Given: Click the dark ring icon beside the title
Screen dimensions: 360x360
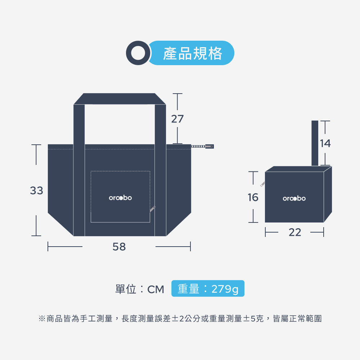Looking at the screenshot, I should coord(138,53).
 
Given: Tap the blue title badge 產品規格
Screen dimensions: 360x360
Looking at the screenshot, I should coord(193,53).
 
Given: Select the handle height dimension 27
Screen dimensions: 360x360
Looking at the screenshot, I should coord(177,119).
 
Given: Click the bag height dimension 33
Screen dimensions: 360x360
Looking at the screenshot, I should coord(36,190).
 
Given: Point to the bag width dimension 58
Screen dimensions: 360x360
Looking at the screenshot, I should coord(119,247).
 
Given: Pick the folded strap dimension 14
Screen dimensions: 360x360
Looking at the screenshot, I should coord(325,143).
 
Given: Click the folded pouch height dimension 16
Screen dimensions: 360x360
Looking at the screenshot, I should coord(253,197).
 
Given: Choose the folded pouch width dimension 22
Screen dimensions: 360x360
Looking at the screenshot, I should coord(295,233).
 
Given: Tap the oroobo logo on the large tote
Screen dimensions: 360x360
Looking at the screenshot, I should coord(120,198).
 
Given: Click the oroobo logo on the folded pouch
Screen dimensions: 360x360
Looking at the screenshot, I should coord(294,198).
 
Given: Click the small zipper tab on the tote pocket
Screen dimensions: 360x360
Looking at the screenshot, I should coord(153,208).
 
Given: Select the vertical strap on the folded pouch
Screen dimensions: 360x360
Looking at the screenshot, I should coord(315,143).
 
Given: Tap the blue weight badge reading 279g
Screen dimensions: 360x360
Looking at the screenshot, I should coord(208,289).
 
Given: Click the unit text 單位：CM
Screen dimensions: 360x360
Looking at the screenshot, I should coord(140,289).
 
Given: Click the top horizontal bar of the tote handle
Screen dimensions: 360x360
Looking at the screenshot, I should coord(120,99).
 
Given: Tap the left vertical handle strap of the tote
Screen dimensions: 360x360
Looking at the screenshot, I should coord(79,169).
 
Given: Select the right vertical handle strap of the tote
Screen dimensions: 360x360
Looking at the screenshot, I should coord(161,169).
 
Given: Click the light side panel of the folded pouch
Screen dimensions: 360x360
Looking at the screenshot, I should coord(328,194).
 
